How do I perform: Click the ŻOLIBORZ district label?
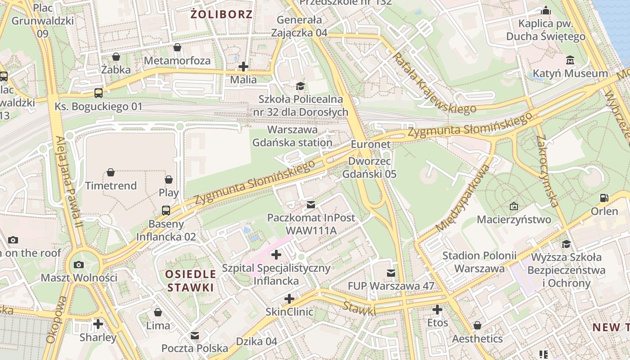(x=221, y=14)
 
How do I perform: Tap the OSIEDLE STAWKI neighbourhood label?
(x=190, y=281)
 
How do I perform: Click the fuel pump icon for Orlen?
(x=604, y=198)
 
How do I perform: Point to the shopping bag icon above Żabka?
(x=116, y=57)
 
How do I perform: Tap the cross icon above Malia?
(x=243, y=67)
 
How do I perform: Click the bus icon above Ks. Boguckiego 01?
(x=98, y=93)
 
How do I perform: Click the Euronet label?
(x=371, y=145)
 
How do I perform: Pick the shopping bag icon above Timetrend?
(x=111, y=172)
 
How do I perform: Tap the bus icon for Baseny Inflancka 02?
(x=166, y=210)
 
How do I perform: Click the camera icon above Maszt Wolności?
(x=79, y=265)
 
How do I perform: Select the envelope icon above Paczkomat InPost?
(x=310, y=205)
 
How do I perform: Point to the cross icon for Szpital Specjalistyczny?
(x=276, y=255)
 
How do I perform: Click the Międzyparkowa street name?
(x=462, y=198)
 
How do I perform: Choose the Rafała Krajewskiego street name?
(x=434, y=84)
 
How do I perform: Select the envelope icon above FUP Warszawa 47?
(x=391, y=273)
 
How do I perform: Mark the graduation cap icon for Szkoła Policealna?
(x=300, y=86)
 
